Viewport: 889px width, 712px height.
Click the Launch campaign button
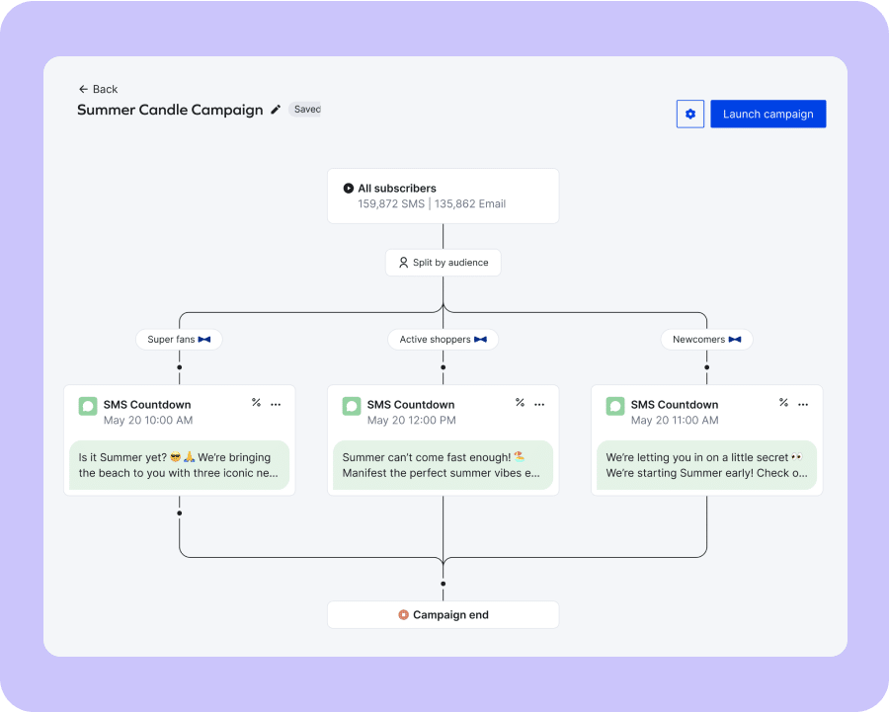[768, 114]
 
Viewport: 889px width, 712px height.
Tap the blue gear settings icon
[690, 114]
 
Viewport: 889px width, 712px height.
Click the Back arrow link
[98, 89]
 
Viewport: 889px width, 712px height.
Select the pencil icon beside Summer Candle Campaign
[276, 110]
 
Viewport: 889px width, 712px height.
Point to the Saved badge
[305, 109]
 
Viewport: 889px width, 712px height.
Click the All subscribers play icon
[348, 189]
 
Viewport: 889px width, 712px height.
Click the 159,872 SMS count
[390, 203]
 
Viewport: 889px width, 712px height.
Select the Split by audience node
[444, 263]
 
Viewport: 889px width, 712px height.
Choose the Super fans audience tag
[179, 339]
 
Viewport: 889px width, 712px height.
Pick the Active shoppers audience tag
[443, 339]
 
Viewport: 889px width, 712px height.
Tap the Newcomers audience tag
[706, 339]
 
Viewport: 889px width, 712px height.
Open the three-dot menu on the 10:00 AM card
[276, 404]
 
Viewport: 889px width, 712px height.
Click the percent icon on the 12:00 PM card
[520, 402]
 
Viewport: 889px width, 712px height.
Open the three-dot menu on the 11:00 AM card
[803, 404]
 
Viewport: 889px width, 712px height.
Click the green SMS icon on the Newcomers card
[615, 406]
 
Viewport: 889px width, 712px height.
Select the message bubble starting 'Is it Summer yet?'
[179, 465]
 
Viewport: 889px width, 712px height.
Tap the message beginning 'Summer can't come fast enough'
[443, 465]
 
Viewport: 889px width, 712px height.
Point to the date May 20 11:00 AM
[675, 420]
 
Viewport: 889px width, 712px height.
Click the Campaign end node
[444, 614]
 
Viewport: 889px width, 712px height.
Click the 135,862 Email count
[470, 203]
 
